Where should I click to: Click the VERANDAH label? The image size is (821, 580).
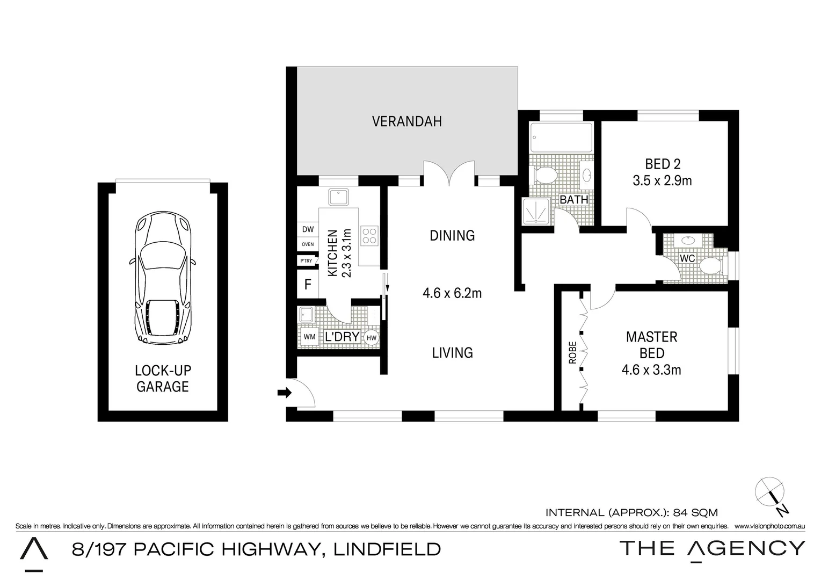(407, 121)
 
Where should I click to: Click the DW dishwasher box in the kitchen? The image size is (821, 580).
(308, 229)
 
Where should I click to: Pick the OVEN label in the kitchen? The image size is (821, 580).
(308, 244)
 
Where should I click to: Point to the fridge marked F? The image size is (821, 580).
(308, 284)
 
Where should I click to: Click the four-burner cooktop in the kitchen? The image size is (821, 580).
(369, 235)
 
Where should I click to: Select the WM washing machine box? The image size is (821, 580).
(309, 337)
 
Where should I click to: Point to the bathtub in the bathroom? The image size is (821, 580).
(561, 137)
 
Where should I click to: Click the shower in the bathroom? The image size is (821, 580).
(536, 211)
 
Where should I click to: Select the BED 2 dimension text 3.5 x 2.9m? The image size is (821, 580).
(662, 181)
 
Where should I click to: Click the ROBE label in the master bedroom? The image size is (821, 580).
(572, 352)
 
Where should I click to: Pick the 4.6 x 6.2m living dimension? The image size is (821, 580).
(452, 293)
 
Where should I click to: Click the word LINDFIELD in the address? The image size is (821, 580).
(387, 549)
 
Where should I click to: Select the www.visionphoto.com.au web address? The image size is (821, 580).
(769, 526)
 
